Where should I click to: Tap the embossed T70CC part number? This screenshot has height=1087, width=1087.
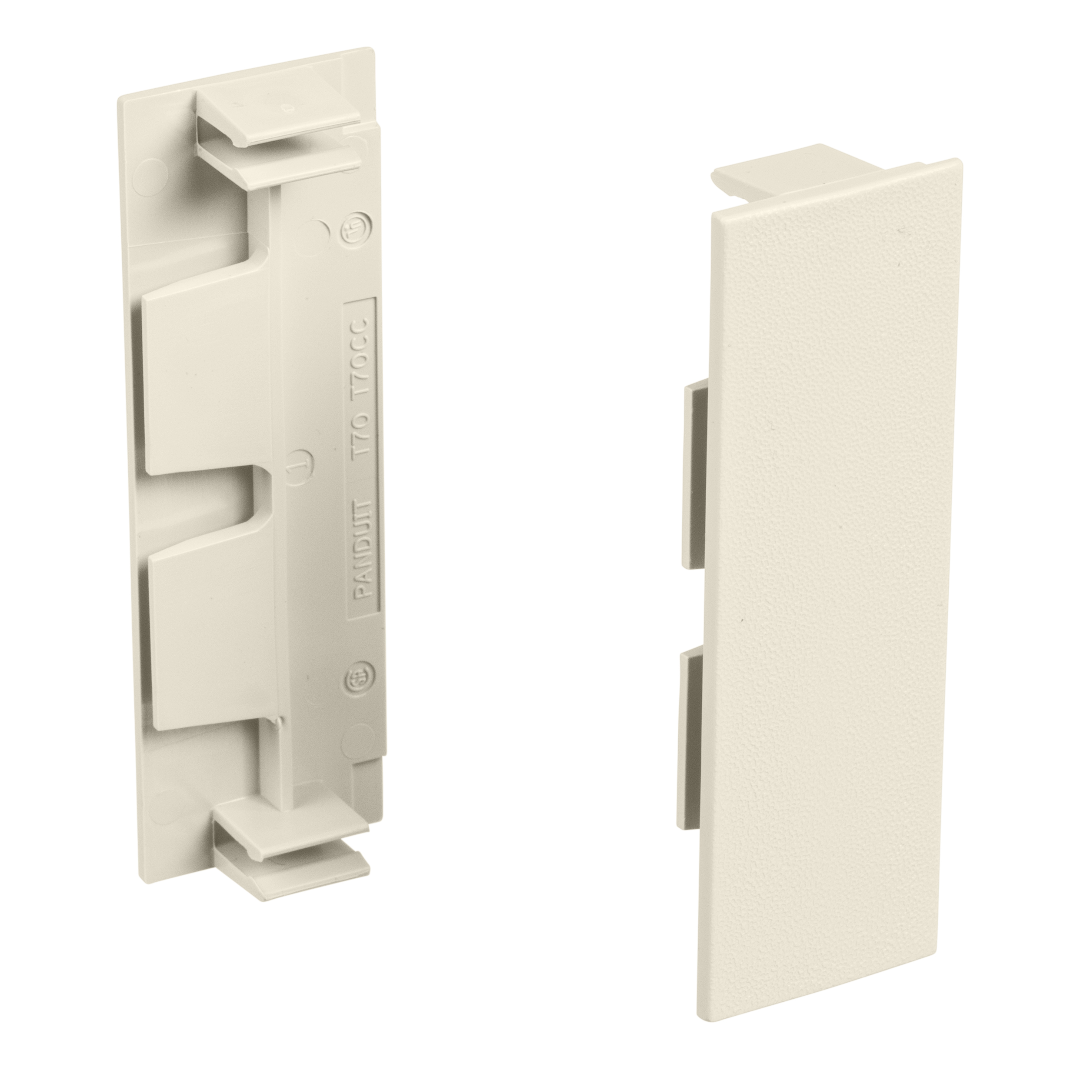[x=360, y=350]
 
